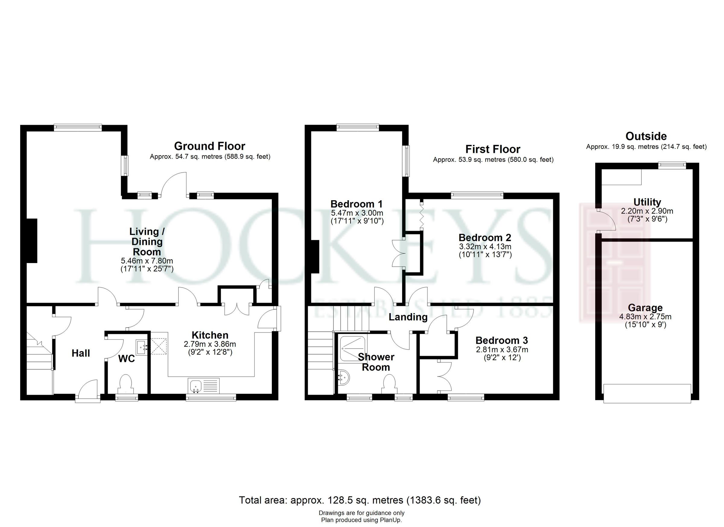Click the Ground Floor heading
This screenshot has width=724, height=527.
209,146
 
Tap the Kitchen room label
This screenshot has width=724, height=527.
210,335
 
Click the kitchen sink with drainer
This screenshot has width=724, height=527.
204,386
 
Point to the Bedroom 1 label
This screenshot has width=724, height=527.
357,204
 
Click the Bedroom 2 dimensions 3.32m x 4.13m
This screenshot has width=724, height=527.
485,246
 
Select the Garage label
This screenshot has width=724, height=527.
645,308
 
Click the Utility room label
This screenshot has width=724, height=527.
647,202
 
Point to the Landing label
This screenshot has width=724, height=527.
408,317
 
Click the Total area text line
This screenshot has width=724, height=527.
360,500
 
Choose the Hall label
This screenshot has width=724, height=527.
81,353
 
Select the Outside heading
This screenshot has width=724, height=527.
646,137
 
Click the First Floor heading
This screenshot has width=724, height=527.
493,149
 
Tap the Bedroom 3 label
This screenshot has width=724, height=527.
501,340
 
